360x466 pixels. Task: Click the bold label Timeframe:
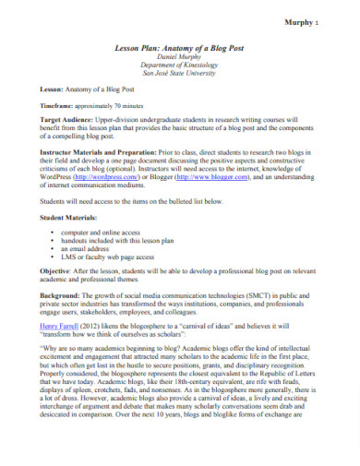pyautogui.click(x=61, y=131)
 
